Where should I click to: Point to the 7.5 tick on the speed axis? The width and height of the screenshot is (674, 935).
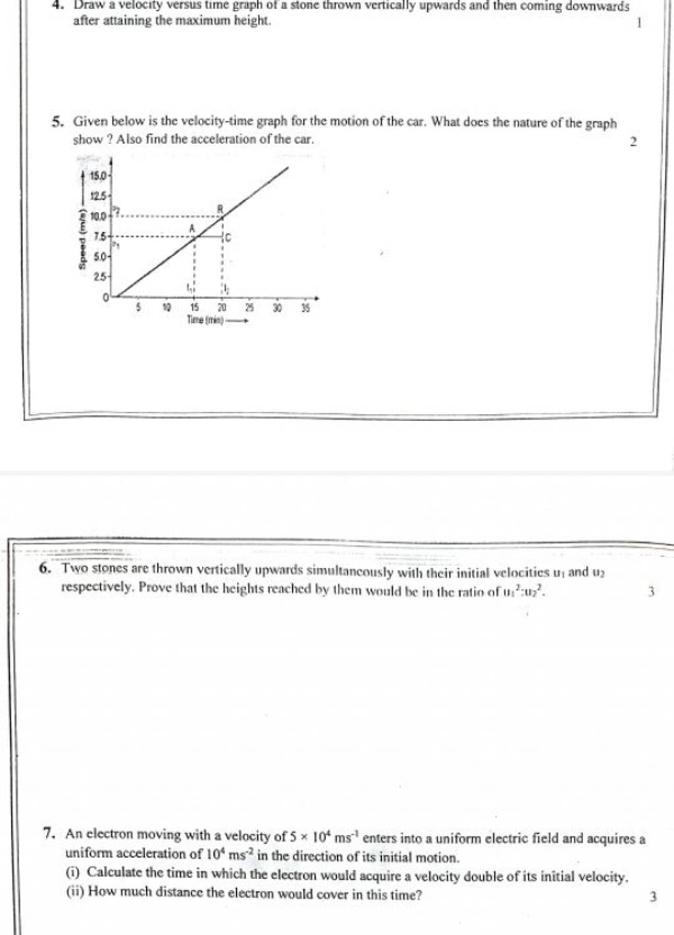(100, 236)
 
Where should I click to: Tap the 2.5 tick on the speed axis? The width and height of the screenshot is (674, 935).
(100, 277)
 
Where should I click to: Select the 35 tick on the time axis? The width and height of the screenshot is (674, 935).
(305, 308)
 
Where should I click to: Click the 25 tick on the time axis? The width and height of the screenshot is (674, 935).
(249, 308)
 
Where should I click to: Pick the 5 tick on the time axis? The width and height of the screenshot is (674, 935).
(139, 307)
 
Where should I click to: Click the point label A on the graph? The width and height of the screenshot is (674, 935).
(192, 228)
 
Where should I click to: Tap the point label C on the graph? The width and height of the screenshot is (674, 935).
(228, 237)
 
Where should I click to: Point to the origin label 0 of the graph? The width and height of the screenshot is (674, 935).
(105, 298)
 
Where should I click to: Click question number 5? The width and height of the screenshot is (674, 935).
(57, 122)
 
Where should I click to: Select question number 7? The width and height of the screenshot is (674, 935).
(48, 834)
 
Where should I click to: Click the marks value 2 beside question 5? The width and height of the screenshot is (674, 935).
(633, 142)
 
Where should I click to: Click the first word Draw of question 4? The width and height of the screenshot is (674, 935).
(87, 5)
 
